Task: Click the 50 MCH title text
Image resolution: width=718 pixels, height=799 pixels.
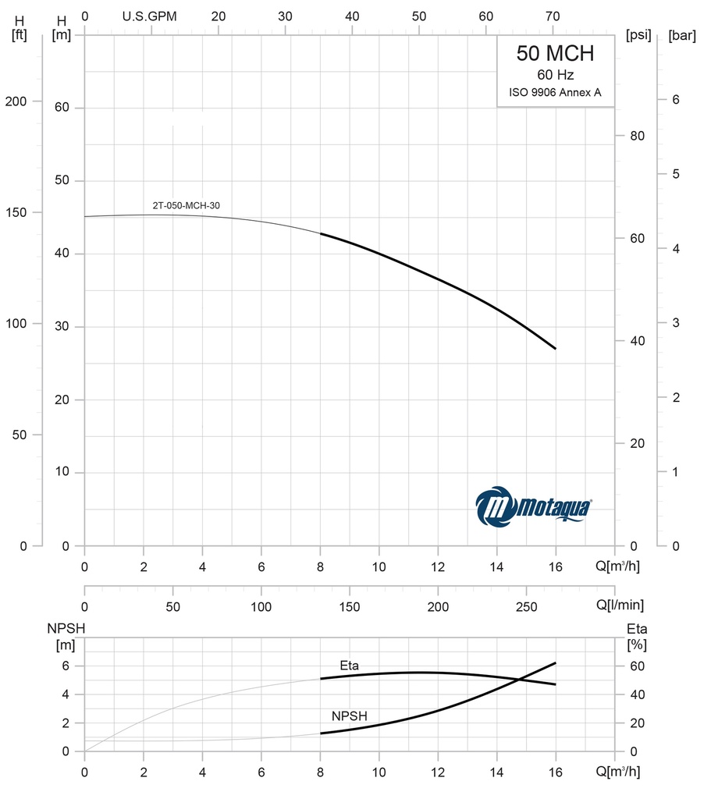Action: (555, 53)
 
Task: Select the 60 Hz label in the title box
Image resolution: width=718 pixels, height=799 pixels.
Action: (555, 76)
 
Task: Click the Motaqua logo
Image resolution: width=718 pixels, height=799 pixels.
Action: (534, 507)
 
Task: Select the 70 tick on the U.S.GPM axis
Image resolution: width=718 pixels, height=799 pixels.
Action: (553, 16)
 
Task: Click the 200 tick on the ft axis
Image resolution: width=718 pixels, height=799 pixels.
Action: (16, 102)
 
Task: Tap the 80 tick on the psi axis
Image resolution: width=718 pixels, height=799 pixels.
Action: (638, 136)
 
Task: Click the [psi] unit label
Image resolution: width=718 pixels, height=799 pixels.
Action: (638, 35)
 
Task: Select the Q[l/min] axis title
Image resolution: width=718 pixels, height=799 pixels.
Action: (620, 605)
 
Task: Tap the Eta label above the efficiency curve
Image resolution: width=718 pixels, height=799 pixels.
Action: (349, 666)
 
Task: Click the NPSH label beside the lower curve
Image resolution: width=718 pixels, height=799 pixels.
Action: (349, 716)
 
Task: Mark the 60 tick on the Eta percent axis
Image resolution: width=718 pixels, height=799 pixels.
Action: (638, 666)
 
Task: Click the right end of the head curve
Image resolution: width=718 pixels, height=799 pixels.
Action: (556, 349)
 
